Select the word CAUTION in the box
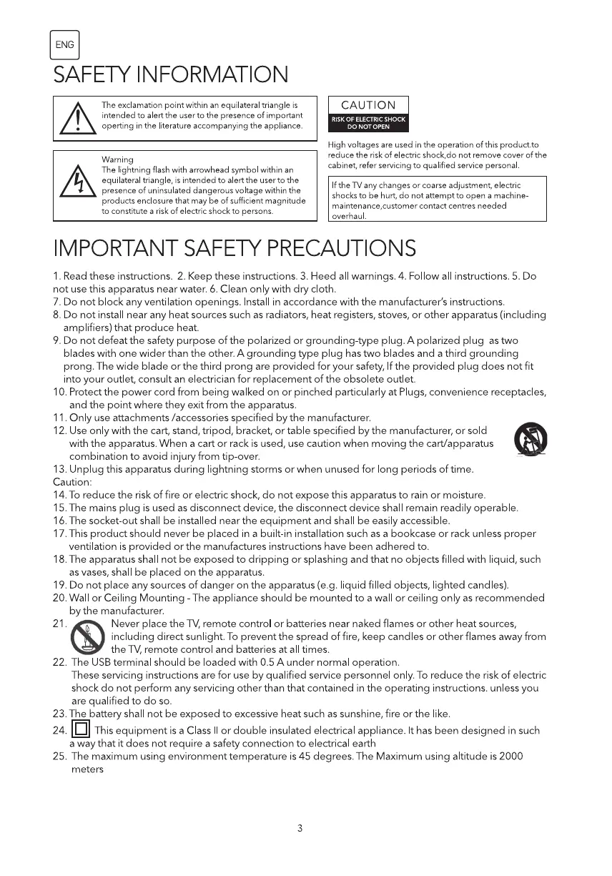coord(368,105)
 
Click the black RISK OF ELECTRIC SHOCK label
coord(368,124)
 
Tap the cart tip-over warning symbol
coord(530,439)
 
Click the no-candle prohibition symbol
coord(88,637)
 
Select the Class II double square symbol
coord(81,730)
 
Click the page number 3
coord(300,829)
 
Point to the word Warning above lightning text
coord(117,159)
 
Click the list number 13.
coord(59,470)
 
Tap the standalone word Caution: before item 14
coord(69,483)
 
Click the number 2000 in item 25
coord(511,757)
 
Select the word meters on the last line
coord(87,769)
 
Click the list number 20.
coord(59,598)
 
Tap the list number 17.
coord(59,533)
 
